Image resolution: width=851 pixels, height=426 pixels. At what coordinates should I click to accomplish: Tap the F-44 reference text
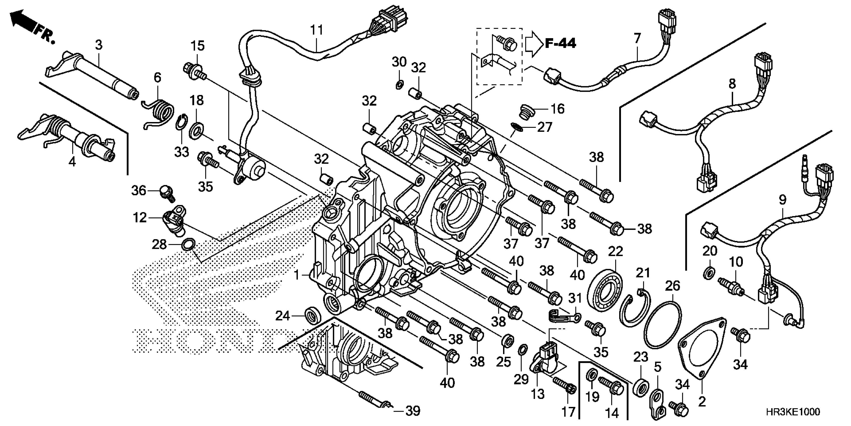[560, 44]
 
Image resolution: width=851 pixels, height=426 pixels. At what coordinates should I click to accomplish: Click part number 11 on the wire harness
[316, 30]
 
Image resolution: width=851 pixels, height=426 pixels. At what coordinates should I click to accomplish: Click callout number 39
[413, 411]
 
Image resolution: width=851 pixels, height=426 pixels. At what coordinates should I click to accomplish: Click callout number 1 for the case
[297, 275]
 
